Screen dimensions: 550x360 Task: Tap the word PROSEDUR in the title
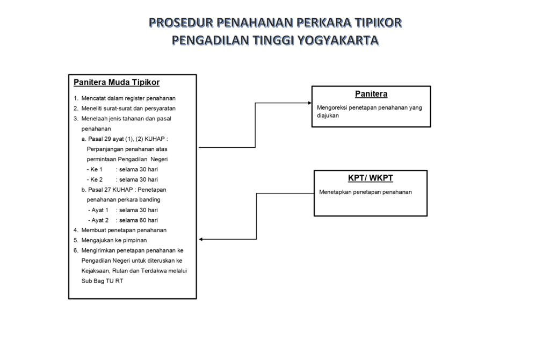point(181,23)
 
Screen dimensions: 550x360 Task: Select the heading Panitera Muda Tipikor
point(117,82)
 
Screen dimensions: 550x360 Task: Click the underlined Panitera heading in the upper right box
point(371,93)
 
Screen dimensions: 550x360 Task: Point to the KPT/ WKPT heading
point(371,178)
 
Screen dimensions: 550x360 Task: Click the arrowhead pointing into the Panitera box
point(310,103)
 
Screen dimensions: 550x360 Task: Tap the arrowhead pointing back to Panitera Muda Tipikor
point(201,239)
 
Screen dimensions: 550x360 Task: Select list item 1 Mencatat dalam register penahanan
point(125,98)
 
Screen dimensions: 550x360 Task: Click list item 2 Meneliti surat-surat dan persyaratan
point(125,109)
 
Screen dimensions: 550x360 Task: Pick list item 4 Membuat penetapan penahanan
point(120,230)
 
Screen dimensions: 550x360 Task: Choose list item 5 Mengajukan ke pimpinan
point(110,240)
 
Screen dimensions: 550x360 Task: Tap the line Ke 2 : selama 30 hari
point(122,179)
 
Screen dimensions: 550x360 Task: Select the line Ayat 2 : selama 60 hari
point(123,220)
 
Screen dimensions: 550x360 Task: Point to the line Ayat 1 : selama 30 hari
point(123,210)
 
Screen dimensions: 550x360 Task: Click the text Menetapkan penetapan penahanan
point(365,192)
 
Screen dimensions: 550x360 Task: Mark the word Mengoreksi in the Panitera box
point(331,107)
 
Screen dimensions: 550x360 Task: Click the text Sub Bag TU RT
point(102,281)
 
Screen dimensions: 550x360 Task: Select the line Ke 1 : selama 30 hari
point(122,169)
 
